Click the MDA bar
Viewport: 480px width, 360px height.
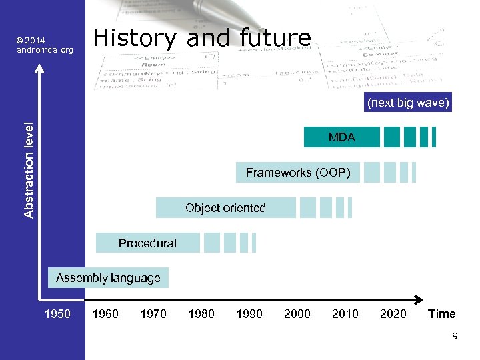pyautogui.click(x=341, y=137)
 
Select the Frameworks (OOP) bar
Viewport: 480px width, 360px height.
pyautogui.click(x=298, y=173)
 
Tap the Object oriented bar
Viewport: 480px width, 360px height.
pyautogui.click(x=225, y=208)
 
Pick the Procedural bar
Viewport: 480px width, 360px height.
pyautogui.click(x=147, y=243)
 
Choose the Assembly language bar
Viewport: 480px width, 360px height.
pyautogui.click(x=108, y=278)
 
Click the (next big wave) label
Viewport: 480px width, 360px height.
pyautogui.click(x=408, y=103)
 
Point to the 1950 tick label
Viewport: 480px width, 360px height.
pyautogui.click(x=57, y=314)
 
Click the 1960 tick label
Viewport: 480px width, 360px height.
pyautogui.click(x=105, y=314)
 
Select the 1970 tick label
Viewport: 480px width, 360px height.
pyautogui.click(x=153, y=314)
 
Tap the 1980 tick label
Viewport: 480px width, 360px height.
pyautogui.click(x=201, y=314)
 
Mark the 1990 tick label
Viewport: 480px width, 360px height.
pyautogui.click(x=249, y=314)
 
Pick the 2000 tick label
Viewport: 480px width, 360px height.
pyautogui.click(x=297, y=314)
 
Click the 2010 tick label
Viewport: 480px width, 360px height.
pyautogui.click(x=345, y=314)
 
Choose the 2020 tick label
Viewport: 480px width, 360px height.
pyautogui.click(x=393, y=314)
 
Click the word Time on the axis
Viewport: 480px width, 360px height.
pyautogui.click(x=441, y=314)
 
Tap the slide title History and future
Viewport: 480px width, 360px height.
pyautogui.click(x=202, y=38)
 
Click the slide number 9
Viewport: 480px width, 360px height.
pyautogui.click(x=455, y=337)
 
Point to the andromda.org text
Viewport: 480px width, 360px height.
pyautogui.click(x=45, y=49)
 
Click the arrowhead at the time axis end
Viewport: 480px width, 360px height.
pyautogui.click(x=420, y=299)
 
